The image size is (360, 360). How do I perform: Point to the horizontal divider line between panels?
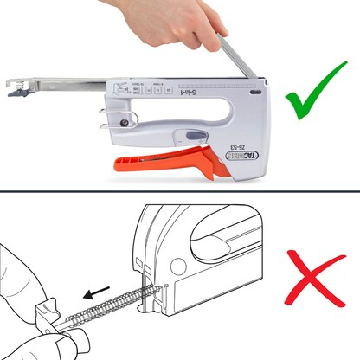(x=180, y=192)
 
